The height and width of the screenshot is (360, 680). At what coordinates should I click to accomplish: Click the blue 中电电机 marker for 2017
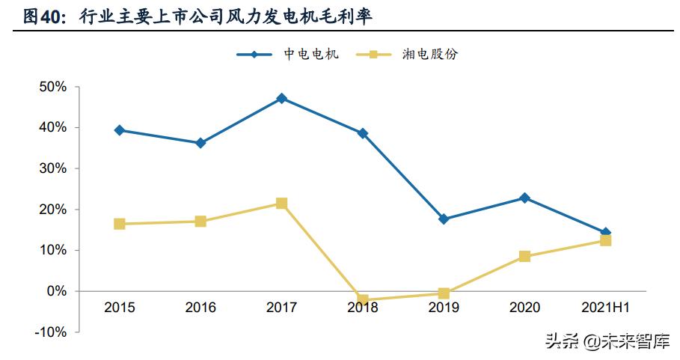pyautogui.click(x=281, y=98)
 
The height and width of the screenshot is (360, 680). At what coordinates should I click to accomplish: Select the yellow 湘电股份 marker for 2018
pyautogui.click(x=363, y=300)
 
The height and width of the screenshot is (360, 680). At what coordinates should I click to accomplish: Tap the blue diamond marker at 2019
pyautogui.click(x=444, y=219)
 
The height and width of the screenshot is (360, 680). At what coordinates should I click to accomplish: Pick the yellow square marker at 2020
pyautogui.click(x=524, y=256)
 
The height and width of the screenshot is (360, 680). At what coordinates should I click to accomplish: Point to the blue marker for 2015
pyautogui.click(x=120, y=130)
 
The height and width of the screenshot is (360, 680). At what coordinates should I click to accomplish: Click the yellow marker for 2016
pyautogui.click(x=200, y=222)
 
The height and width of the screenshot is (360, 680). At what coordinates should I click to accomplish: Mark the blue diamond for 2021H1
pyautogui.click(x=605, y=233)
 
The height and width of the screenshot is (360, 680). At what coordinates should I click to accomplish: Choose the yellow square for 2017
pyautogui.click(x=281, y=204)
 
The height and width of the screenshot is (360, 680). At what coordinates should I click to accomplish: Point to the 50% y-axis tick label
pyautogui.click(x=53, y=87)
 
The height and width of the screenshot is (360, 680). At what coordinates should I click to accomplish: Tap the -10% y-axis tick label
pyautogui.click(x=51, y=332)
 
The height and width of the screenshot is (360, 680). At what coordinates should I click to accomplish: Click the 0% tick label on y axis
pyautogui.click(x=57, y=291)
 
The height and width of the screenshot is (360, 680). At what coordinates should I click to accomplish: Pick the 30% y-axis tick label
pyautogui.click(x=53, y=168)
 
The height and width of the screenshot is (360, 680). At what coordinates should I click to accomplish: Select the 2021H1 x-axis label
pyautogui.click(x=604, y=308)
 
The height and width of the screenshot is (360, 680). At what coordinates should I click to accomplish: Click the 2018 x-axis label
pyautogui.click(x=362, y=308)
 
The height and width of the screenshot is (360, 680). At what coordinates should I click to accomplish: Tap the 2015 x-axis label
pyautogui.click(x=120, y=308)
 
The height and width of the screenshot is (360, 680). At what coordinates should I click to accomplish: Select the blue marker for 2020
pyautogui.click(x=524, y=198)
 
